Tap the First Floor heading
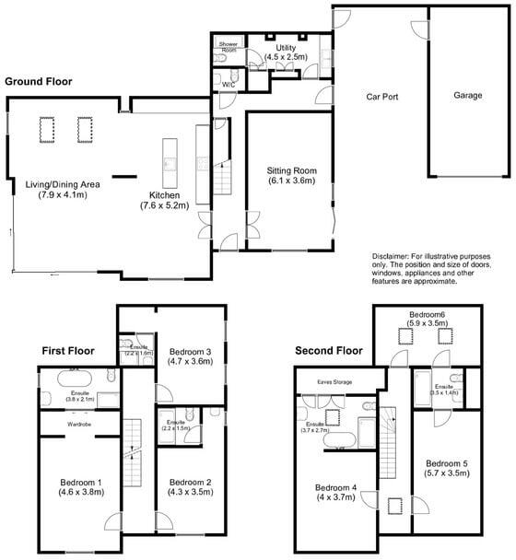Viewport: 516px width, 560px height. (x=68, y=350)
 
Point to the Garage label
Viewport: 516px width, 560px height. (x=468, y=95)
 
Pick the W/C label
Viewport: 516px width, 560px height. (x=229, y=85)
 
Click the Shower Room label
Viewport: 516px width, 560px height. (x=228, y=45)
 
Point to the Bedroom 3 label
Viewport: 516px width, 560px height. (x=191, y=351)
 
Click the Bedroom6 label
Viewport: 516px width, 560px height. (x=427, y=315)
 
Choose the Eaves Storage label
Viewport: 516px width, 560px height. (x=334, y=379)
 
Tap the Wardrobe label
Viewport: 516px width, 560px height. (x=78, y=425)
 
